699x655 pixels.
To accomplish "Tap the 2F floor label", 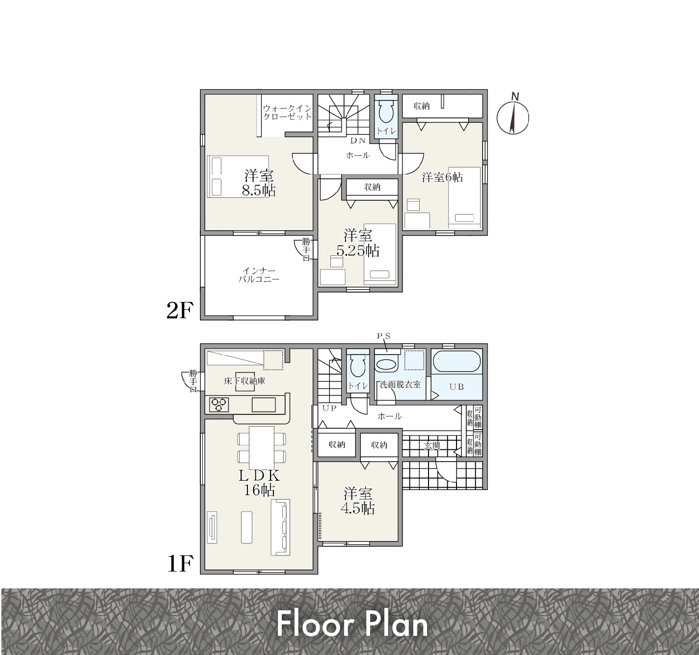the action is (x=180, y=311).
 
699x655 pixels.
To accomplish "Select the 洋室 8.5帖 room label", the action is (x=259, y=183).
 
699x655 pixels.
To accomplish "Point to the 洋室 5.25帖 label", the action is (x=358, y=243).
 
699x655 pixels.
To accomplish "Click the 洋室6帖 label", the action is (x=442, y=177).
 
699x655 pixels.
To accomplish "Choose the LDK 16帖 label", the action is (x=259, y=483).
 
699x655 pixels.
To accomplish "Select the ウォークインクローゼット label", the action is (x=287, y=112).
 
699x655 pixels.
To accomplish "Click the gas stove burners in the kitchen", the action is (x=218, y=404).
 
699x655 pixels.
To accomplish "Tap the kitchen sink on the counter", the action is (x=264, y=404).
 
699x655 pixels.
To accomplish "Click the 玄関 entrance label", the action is (x=432, y=445).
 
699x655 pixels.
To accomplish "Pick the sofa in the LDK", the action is (x=280, y=527).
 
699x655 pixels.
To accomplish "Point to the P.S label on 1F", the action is (x=384, y=336).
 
